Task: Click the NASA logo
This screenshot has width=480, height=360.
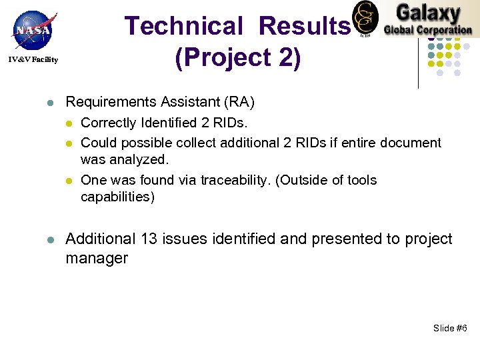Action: coord(32,31)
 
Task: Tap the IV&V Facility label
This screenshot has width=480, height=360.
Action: coord(33,60)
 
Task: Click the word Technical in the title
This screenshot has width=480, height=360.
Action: coord(185,26)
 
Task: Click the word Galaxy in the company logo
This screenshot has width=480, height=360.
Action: coord(428,13)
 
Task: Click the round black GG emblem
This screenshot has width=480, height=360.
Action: coord(365,18)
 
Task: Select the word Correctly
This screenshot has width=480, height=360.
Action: coord(108,123)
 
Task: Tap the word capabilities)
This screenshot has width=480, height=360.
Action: coord(117,197)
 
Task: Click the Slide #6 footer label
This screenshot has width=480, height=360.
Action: coord(450,327)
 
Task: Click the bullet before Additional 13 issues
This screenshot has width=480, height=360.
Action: coord(50,239)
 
